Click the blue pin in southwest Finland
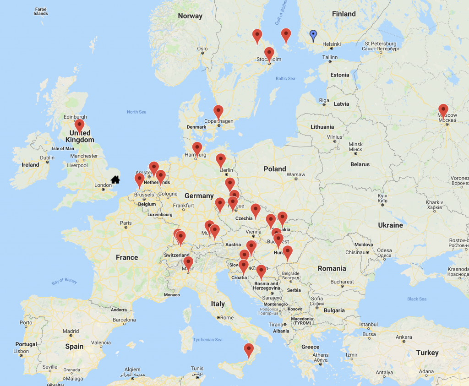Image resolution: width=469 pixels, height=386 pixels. point(313,35)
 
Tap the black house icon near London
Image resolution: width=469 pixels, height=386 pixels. point(115,179)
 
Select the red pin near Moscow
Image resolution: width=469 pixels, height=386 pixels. point(443,110)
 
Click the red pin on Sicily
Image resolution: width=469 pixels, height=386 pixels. point(249,349)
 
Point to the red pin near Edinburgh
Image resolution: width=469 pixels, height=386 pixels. point(80,125)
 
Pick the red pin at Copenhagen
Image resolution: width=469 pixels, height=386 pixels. point(218,111)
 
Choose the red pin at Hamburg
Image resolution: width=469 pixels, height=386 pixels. point(197,148)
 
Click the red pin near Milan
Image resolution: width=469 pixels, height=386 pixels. point(188,263)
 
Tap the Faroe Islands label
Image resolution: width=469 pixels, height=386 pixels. point(40,11)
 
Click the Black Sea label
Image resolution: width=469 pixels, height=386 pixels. point(417,299)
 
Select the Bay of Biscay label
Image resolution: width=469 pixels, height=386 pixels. point(64,281)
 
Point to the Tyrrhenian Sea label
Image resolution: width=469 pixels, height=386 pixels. point(207,339)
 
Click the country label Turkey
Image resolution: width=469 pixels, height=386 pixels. point(427,353)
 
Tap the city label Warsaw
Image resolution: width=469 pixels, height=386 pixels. point(295,174)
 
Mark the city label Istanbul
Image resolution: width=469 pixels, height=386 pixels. point(368,324)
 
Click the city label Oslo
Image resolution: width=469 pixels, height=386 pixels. point(202,49)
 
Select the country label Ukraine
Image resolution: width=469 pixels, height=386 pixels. point(390,225)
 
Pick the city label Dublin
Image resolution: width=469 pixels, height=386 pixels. point(47,158)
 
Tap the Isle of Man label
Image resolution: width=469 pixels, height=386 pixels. point(63,148)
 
